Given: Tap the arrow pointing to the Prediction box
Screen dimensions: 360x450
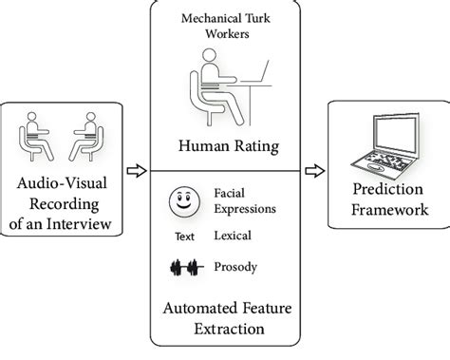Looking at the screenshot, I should pyautogui.click(x=309, y=171).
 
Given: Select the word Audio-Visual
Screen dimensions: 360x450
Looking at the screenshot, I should pyautogui.click(x=63, y=184).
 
